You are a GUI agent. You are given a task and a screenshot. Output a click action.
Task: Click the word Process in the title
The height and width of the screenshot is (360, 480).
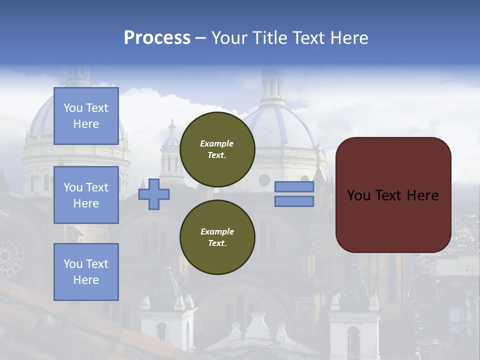coord(157,38)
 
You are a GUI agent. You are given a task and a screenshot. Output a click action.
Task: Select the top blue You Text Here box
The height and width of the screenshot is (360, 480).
coord(86,116)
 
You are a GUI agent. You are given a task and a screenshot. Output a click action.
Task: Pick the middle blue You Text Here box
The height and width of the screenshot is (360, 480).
coord(86,195)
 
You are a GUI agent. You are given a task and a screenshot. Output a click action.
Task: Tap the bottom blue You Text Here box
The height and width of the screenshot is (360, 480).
coord(86,271)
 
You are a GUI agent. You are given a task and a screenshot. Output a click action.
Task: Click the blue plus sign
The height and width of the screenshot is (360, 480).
coord(153,194)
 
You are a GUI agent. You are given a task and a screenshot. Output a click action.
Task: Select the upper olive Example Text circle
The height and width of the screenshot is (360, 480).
coord(217,149)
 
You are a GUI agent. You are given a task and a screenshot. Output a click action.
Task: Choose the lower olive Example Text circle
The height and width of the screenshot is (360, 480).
coord(217,237)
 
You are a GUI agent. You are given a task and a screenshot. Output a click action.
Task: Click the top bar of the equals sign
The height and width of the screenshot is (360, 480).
coord(294,187)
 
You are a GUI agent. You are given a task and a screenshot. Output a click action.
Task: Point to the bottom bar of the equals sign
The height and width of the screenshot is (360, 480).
coord(294,201)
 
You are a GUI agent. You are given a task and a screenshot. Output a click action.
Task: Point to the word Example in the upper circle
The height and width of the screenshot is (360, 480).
coord(217,143)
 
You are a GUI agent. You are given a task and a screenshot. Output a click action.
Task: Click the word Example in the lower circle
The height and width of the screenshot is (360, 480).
coord(217,231)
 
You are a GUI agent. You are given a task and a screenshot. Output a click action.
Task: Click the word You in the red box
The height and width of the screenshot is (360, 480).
coord(358,195)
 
